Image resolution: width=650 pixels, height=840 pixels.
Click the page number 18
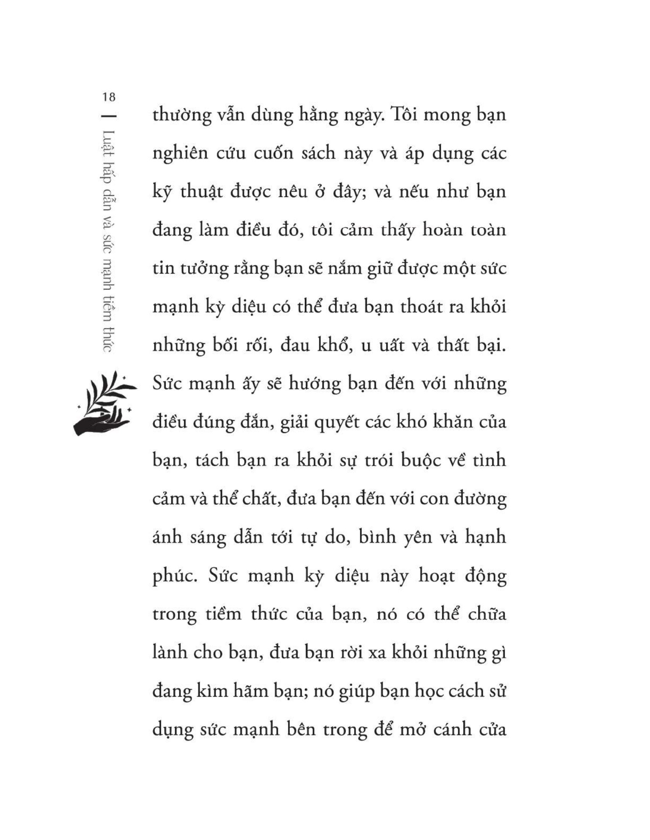pos(109,97)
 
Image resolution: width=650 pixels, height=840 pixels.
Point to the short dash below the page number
pos(109,115)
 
